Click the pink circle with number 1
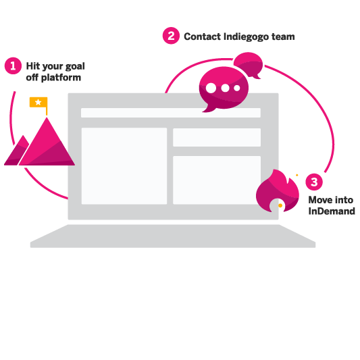[13, 66]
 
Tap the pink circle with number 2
[171, 36]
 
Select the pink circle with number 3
[314, 182]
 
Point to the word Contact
[202, 36]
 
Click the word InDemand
[332, 211]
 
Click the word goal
[75, 66]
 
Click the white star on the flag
[38, 102]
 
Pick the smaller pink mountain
[17, 151]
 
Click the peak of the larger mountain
[47, 118]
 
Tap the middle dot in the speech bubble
[225, 88]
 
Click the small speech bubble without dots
[249, 64]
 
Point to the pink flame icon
[278, 191]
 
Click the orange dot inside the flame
[280, 205]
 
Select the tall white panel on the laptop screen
[124, 166]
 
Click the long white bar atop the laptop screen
[171, 113]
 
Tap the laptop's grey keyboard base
[173, 236]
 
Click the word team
[283, 36]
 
